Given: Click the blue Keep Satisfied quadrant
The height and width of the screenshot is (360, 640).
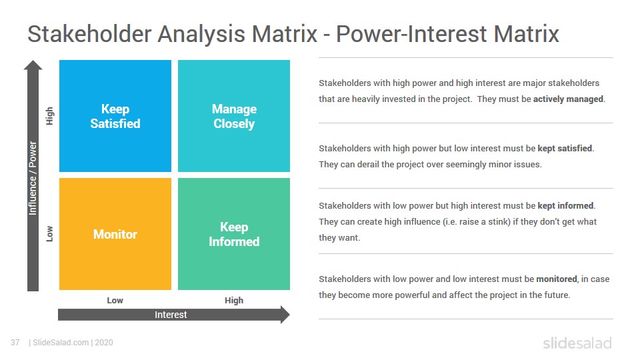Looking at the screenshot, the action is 115,116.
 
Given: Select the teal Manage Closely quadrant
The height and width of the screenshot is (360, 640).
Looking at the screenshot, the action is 234,116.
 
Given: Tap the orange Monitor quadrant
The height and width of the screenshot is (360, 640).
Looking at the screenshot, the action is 115,234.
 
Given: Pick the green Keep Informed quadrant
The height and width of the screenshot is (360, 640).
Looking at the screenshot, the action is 234,234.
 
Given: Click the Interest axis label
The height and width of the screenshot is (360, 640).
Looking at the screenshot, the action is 171,315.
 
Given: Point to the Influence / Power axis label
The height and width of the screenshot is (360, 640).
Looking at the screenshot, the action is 33,178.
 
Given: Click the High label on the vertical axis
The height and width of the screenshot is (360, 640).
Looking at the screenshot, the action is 49,116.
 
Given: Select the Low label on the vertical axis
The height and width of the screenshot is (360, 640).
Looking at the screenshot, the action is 49,234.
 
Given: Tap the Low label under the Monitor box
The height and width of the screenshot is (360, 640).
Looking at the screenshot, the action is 115,301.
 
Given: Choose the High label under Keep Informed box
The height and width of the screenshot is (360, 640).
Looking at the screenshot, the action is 234,301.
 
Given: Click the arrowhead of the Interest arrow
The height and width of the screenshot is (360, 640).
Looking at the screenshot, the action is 285,315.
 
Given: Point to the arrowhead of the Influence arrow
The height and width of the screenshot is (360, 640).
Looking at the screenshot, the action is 33,65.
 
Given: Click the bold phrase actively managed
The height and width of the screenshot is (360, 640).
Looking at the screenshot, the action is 568,99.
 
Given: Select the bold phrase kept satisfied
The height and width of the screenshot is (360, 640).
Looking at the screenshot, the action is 565,148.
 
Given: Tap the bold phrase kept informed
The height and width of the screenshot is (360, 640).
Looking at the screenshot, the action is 566,205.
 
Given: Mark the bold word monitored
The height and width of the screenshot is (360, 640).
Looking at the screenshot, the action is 557,279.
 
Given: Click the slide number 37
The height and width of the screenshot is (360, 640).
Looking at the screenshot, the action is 15,343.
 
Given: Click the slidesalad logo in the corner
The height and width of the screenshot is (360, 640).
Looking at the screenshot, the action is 577,343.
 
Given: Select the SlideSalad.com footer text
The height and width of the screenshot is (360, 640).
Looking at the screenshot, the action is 61,343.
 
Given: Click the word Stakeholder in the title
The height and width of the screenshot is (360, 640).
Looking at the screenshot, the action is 89,33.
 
